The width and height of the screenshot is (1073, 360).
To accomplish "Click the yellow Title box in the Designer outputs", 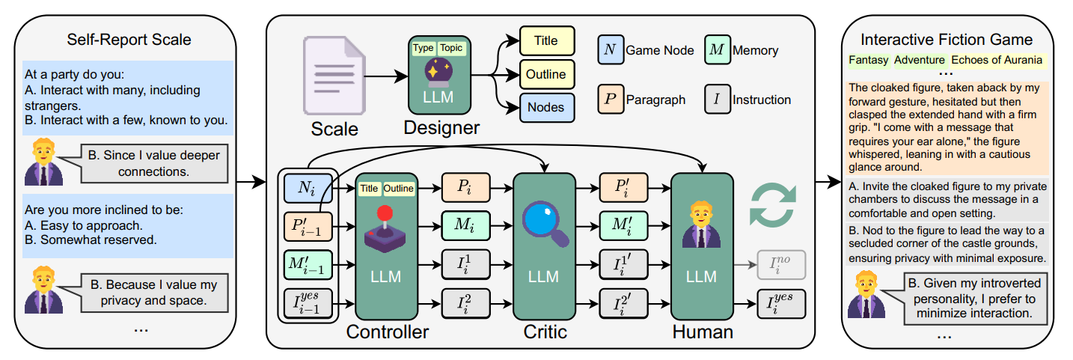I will (545, 41).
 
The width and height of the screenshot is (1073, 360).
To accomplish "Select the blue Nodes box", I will (545, 108).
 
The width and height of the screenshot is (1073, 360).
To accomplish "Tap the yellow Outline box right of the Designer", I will (545, 74).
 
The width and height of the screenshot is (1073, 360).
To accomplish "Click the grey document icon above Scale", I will (334, 76).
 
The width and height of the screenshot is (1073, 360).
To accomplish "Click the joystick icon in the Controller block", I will (385, 228).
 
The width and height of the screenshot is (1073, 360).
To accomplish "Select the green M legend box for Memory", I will (716, 51).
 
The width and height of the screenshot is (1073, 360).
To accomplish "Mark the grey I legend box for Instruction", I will (716, 100).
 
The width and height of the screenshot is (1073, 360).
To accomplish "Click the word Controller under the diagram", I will (387, 332).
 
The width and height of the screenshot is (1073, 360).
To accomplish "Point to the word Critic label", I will (543, 332).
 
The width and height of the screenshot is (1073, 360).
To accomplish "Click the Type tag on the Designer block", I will (423, 48).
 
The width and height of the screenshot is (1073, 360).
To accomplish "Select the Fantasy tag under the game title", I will (868, 60).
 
